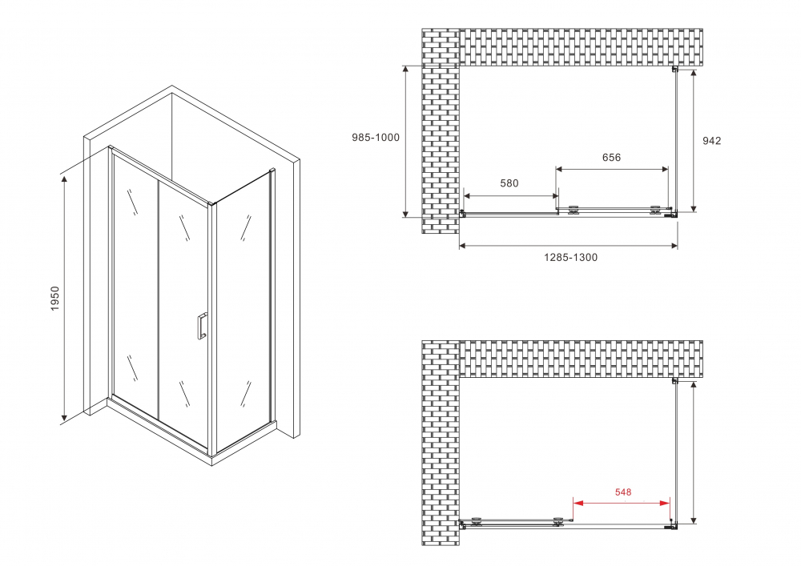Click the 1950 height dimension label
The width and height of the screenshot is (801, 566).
click(55, 299)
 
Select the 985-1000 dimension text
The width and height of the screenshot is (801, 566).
click(375, 138)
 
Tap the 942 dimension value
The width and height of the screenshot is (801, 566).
click(711, 141)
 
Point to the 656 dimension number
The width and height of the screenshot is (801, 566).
click(611, 158)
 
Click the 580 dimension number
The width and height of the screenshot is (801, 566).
click(509, 183)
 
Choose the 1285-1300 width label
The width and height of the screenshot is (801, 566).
click(570, 257)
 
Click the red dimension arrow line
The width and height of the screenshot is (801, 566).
click(622, 504)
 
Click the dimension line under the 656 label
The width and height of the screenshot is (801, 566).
click(612, 169)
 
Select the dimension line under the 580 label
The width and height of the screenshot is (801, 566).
click(510, 195)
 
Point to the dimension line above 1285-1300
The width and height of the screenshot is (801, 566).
click(568, 245)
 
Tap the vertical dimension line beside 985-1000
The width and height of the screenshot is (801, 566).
click(406, 141)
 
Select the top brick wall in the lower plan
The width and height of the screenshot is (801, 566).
click(580, 358)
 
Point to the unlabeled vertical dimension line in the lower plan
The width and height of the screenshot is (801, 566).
click(692, 452)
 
